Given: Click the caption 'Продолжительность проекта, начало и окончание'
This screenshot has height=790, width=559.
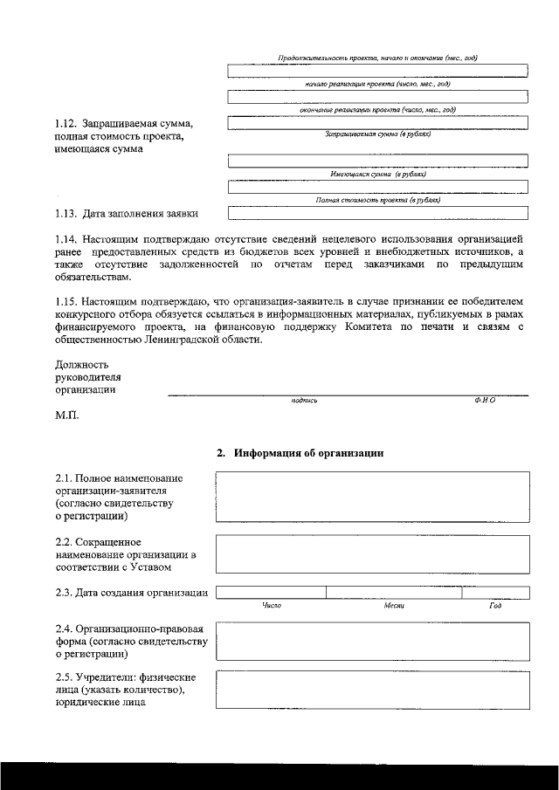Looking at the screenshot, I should click(x=377, y=57).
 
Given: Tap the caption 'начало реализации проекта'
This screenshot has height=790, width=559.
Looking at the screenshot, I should click(x=377, y=84).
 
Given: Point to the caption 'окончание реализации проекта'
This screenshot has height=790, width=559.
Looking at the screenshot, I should click(x=377, y=110).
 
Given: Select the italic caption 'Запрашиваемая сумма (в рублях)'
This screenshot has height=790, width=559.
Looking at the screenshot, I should click(x=377, y=134).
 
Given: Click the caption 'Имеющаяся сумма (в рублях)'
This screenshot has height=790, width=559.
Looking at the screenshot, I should click(x=377, y=175).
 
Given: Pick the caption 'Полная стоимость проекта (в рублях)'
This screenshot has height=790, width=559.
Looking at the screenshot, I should click(x=377, y=200).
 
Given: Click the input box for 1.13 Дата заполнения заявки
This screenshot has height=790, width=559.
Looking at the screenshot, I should click(x=377, y=212).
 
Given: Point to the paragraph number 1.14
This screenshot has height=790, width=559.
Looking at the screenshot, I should click(x=66, y=238).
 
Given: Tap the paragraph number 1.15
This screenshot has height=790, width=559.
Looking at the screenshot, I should click(x=66, y=302).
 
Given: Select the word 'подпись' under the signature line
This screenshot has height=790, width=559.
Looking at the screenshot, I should click(x=305, y=401).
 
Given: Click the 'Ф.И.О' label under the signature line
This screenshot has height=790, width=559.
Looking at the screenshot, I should click(x=485, y=401).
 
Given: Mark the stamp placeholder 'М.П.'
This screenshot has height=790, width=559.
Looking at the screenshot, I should click(x=66, y=416).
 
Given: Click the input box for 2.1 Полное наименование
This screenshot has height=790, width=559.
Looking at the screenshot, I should click(x=373, y=496).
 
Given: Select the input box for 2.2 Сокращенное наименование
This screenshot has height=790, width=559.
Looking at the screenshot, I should click(x=373, y=553).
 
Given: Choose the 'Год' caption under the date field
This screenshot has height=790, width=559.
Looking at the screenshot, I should click(x=495, y=605).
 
